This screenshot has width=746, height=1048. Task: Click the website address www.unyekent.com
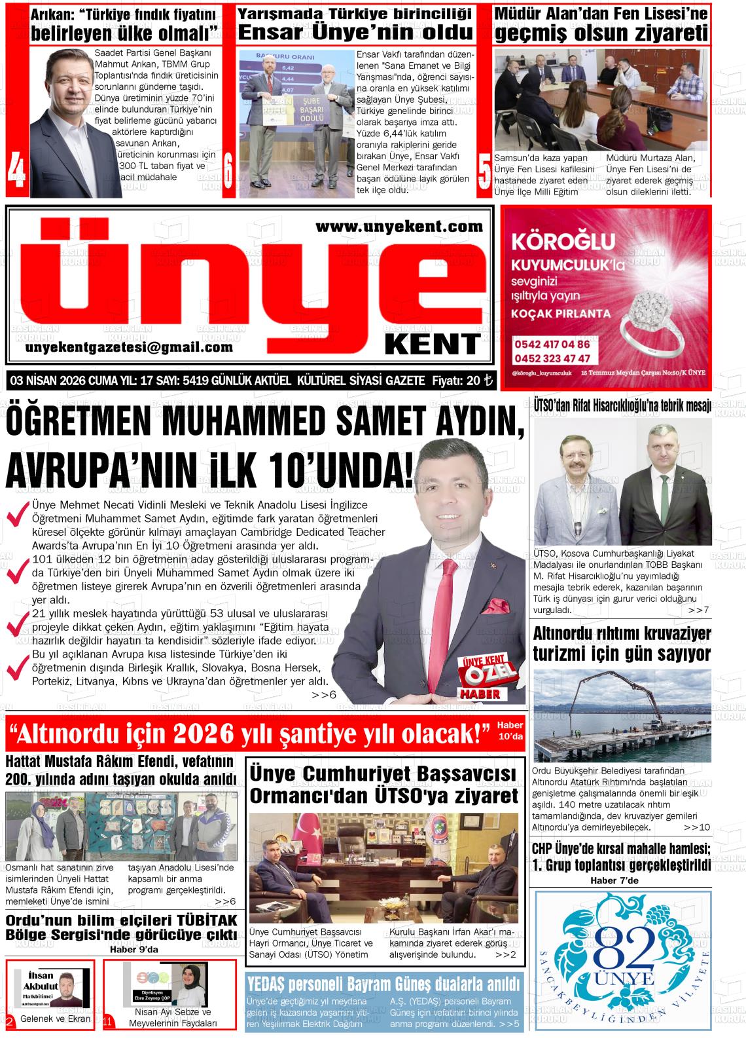pyautogui.click(x=399, y=227)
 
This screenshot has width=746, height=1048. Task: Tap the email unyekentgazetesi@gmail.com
pyautogui.click(x=129, y=348)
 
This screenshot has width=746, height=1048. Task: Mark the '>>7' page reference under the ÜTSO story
pyautogui.click(x=698, y=610)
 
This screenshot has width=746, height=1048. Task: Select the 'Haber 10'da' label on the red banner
pyautogui.click(x=510, y=730)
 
